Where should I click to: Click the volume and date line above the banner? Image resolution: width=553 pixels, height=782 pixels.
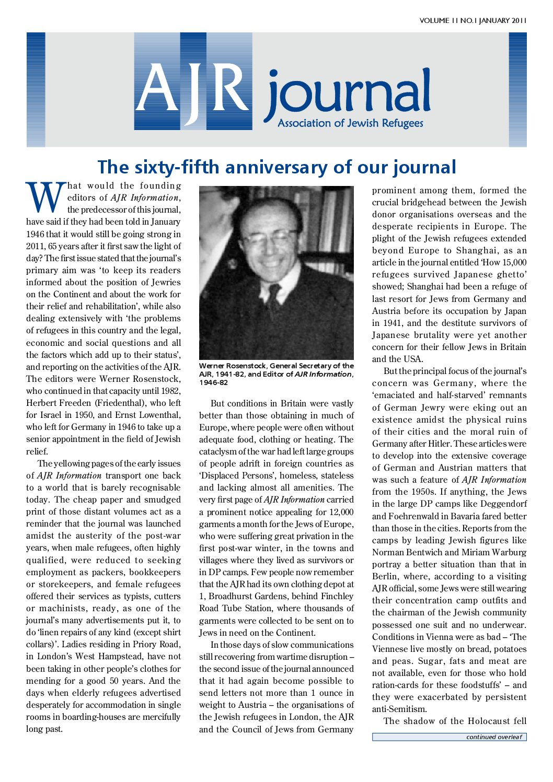click(473, 21)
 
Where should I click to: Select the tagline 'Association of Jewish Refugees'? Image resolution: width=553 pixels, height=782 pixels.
click(350, 124)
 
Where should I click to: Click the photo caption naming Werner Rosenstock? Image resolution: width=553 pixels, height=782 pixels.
click(276, 374)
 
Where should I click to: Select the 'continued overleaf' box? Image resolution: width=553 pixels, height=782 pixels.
click(449, 737)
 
